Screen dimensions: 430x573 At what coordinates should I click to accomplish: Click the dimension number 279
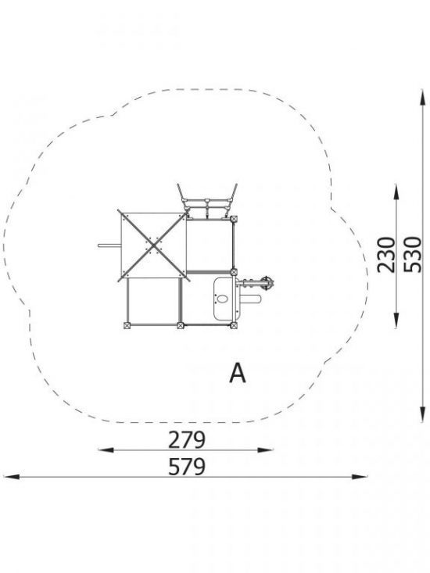(187, 439)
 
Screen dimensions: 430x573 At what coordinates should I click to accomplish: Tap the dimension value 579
(187, 467)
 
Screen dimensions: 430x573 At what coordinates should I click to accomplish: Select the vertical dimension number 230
(386, 255)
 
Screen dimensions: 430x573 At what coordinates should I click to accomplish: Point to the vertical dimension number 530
(414, 255)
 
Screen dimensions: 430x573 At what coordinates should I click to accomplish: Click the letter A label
(238, 373)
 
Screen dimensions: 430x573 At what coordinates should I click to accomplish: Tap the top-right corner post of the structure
(234, 219)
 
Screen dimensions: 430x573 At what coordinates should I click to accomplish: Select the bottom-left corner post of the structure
(127, 325)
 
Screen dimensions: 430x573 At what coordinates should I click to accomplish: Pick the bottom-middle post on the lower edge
(180, 325)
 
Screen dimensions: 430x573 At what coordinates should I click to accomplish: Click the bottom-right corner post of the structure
(234, 325)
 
